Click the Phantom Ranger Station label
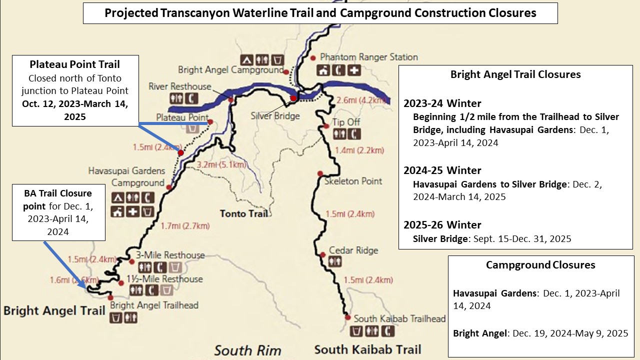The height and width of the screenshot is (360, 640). click(368, 57)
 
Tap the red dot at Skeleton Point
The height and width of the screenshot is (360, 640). click(319, 173)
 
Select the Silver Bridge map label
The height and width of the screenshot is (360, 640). click(275, 116)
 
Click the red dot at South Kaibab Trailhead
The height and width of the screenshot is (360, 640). click(347, 317)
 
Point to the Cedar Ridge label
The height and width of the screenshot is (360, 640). click(353, 250)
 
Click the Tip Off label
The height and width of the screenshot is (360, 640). click(346, 122)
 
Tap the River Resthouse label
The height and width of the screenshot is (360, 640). click(180, 86)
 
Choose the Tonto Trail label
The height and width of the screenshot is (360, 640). click(243, 213)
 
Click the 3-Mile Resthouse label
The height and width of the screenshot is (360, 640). click(170, 255)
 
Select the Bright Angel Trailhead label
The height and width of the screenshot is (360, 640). click(154, 305)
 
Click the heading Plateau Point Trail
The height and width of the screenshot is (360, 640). click(75, 64)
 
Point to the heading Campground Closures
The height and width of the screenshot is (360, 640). click(540, 265)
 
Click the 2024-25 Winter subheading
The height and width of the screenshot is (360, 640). click(442, 170)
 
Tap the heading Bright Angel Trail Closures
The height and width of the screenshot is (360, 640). click(515, 74)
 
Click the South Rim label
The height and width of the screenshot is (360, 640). click(247, 350)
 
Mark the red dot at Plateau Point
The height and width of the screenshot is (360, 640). click(210, 121)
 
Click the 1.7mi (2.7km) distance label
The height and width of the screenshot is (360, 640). click(185, 226)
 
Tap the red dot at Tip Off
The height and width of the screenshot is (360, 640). click(326, 126)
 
